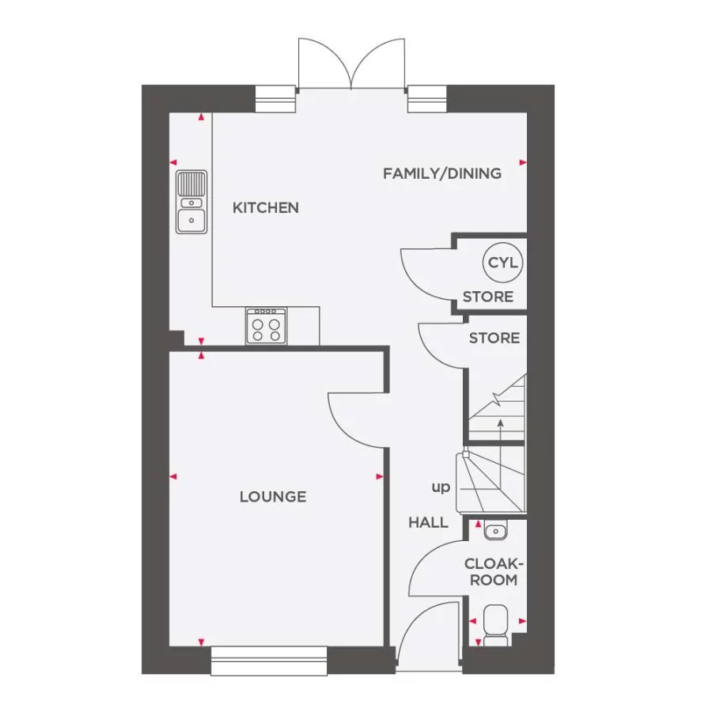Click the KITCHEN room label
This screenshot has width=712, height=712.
[x=265, y=208]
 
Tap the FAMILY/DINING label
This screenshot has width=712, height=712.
[x=441, y=173]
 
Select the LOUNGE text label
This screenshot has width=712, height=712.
[x=273, y=497]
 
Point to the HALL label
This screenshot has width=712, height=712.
[x=428, y=522]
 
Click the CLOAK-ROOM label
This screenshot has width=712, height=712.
[x=494, y=571]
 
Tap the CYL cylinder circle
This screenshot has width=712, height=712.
[x=502, y=263]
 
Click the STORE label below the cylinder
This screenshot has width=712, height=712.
[x=487, y=297]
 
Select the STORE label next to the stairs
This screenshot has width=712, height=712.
[x=494, y=338]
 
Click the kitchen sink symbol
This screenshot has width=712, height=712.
[x=191, y=202]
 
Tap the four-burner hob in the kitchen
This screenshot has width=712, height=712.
[x=266, y=326]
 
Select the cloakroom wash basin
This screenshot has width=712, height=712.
[x=496, y=530]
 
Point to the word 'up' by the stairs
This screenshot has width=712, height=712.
[x=441, y=487]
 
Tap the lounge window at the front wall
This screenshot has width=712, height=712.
[x=269, y=661]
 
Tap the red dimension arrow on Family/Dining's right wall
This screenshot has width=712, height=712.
[x=523, y=162]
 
